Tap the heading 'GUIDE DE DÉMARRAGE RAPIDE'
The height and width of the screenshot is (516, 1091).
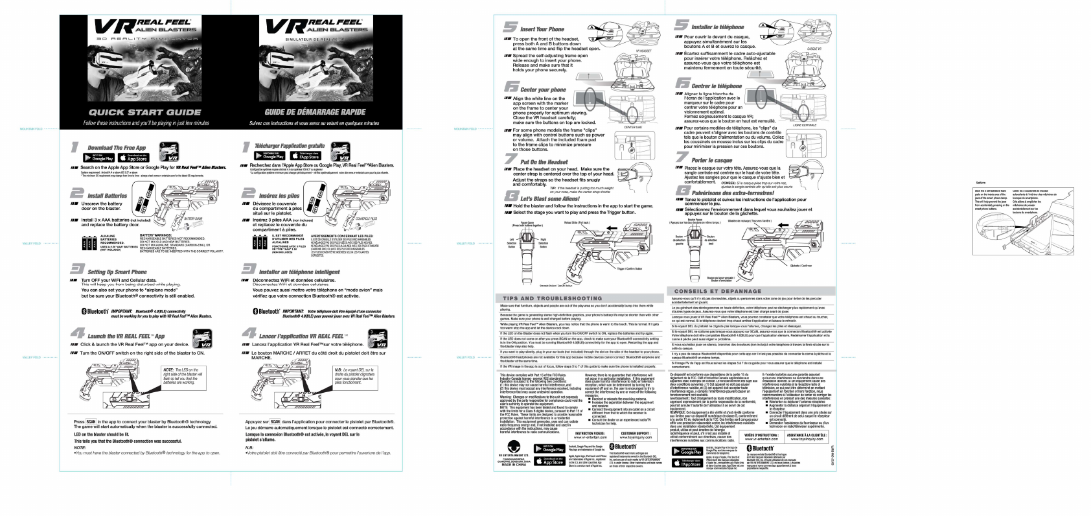click(x=315, y=112)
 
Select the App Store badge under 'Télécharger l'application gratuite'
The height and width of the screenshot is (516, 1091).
click(x=305, y=156)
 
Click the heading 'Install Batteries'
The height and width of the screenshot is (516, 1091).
click(x=107, y=195)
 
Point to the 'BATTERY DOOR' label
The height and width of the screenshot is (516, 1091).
click(x=193, y=219)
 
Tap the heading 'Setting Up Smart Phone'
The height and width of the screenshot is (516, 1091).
click(x=117, y=272)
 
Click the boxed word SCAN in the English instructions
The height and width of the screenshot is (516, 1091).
click(x=91, y=422)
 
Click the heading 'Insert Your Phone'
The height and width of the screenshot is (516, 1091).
click(x=542, y=29)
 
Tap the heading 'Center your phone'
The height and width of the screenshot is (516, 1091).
click(x=543, y=89)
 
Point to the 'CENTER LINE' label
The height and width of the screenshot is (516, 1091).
click(x=633, y=128)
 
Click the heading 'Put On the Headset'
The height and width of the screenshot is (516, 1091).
click(x=544, y=161)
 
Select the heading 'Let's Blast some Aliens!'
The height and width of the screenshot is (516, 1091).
click(x=550, y=198)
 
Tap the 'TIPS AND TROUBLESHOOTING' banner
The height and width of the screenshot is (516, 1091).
click(x=552, y=298)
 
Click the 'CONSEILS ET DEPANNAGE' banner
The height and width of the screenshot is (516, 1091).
click(x=718, y=291)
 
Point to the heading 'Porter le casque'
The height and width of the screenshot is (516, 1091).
click(x=711, y=160)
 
